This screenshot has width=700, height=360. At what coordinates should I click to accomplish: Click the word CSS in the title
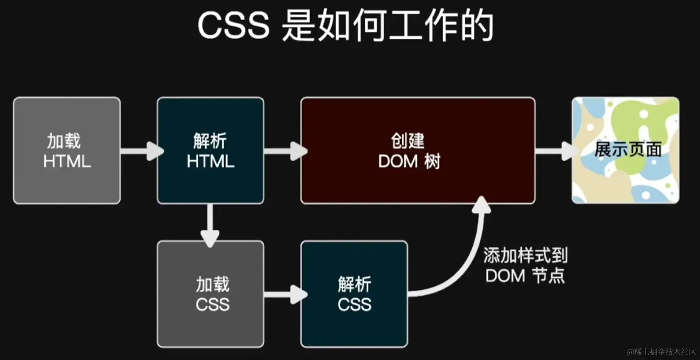point(233,25)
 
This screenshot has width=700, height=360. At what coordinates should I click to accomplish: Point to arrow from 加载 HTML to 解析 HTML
point(141,151)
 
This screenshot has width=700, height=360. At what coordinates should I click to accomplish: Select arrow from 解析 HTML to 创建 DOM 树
point(285,151)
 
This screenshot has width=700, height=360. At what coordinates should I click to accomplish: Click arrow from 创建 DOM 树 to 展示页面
point(555,151)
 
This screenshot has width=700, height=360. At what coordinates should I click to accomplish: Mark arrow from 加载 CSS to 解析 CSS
point(285,295)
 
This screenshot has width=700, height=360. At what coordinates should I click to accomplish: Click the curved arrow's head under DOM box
point(481,205)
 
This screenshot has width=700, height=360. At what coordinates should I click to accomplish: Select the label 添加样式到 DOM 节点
point(525,265)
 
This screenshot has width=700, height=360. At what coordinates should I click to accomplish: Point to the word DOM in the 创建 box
point(398,161)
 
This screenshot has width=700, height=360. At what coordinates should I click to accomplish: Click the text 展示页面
point(628,150)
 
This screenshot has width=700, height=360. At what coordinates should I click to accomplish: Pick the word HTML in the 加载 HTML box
point(67,161)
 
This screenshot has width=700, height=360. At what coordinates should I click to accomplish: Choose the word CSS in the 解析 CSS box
point(354,304)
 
